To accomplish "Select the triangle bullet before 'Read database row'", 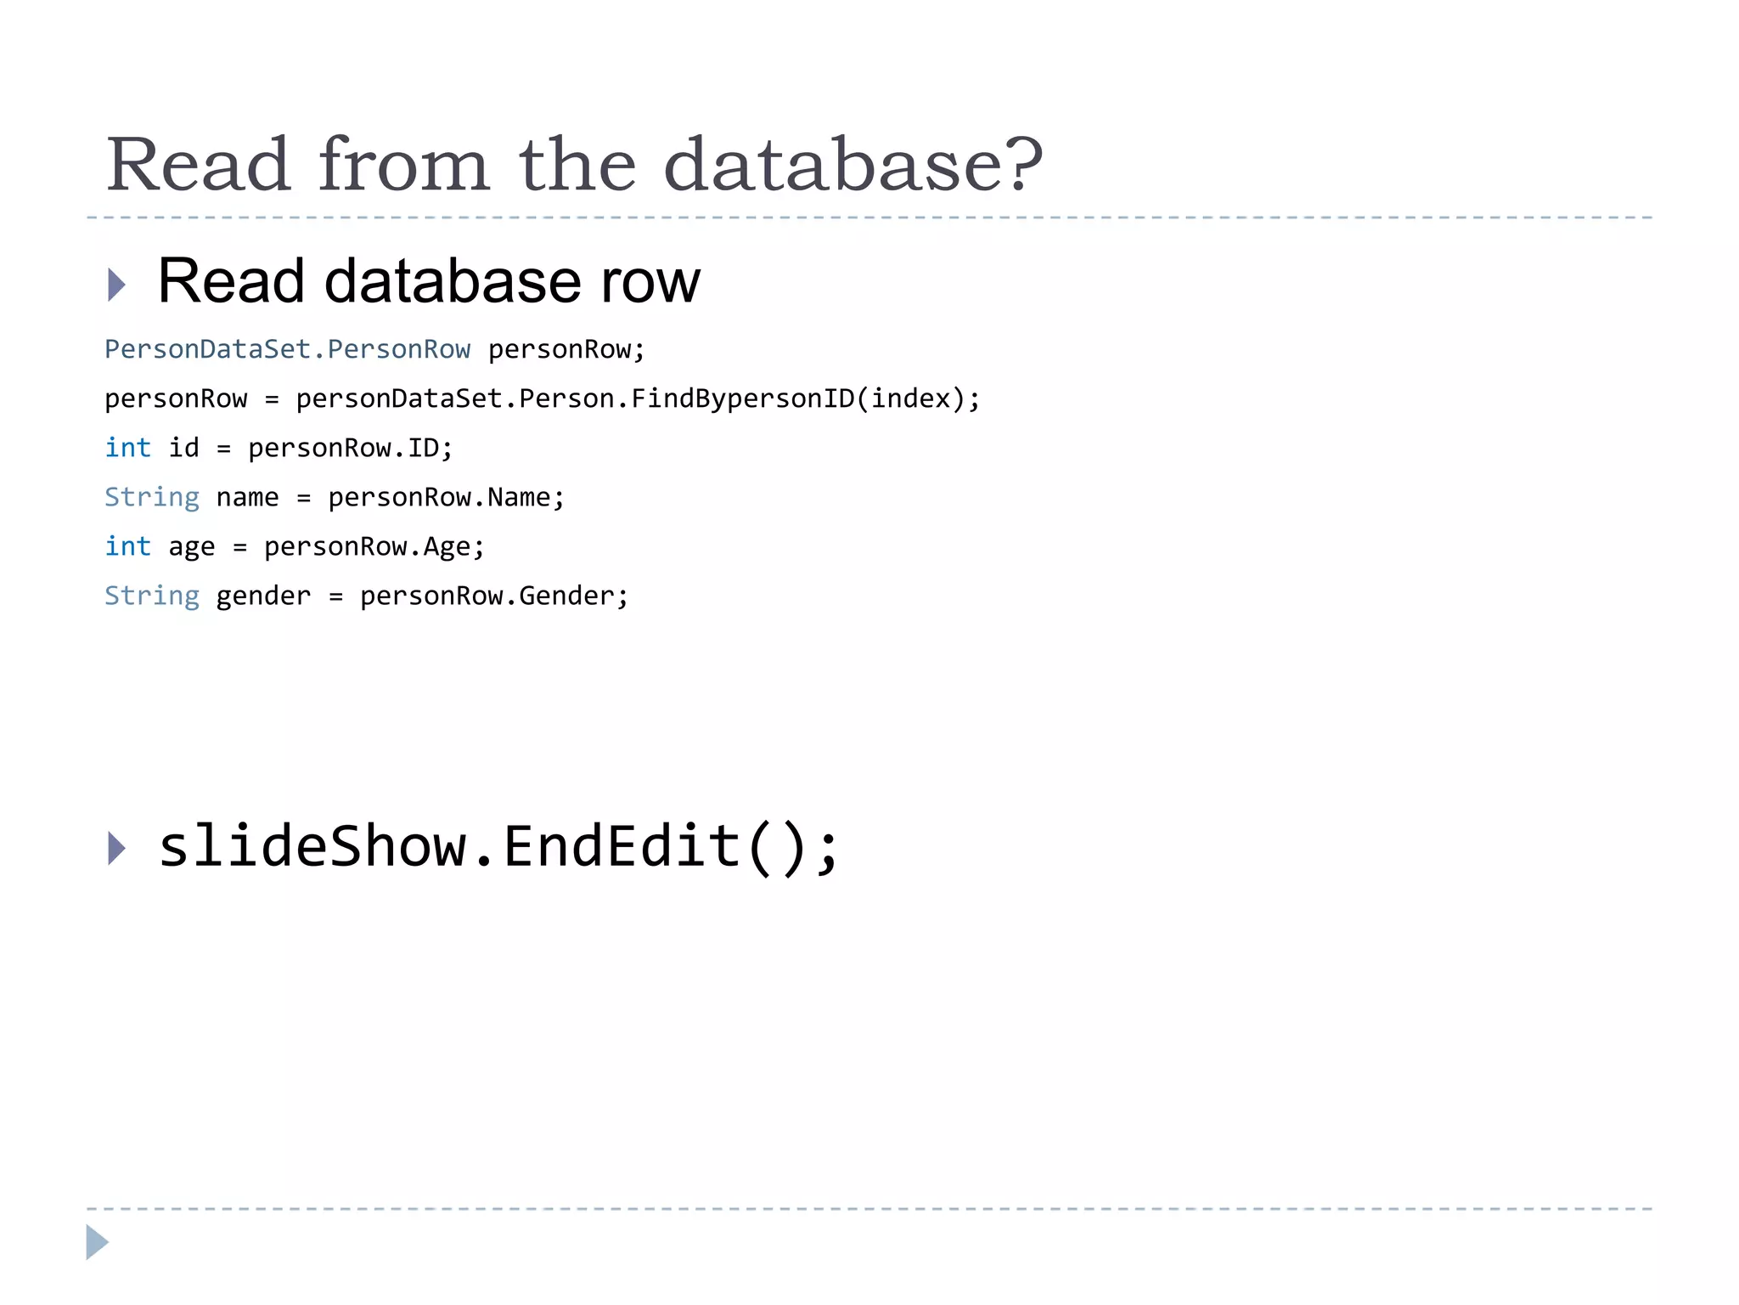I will (x=117, y=285).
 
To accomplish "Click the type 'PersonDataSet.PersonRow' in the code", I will (x=287, y=349).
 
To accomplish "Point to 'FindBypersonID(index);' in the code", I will (x=805, y=398).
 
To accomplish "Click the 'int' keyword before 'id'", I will (x=127, y=448).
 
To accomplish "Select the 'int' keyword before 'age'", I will (x=127, y=546).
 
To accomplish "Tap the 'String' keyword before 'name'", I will (x=152, y=497).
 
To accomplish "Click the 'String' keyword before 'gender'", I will (x=152, y=596).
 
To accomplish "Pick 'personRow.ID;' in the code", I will (x=351, y=448).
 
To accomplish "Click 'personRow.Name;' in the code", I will (x=446, y=497).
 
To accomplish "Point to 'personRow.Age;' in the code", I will (x=374, y=546).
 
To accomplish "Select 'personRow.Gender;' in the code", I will (x=494, y=596).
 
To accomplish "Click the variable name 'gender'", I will (x=263, y=596).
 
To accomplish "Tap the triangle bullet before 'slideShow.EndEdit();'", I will (x=117, y=848).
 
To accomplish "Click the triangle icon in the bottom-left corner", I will (x=97, y=1242).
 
